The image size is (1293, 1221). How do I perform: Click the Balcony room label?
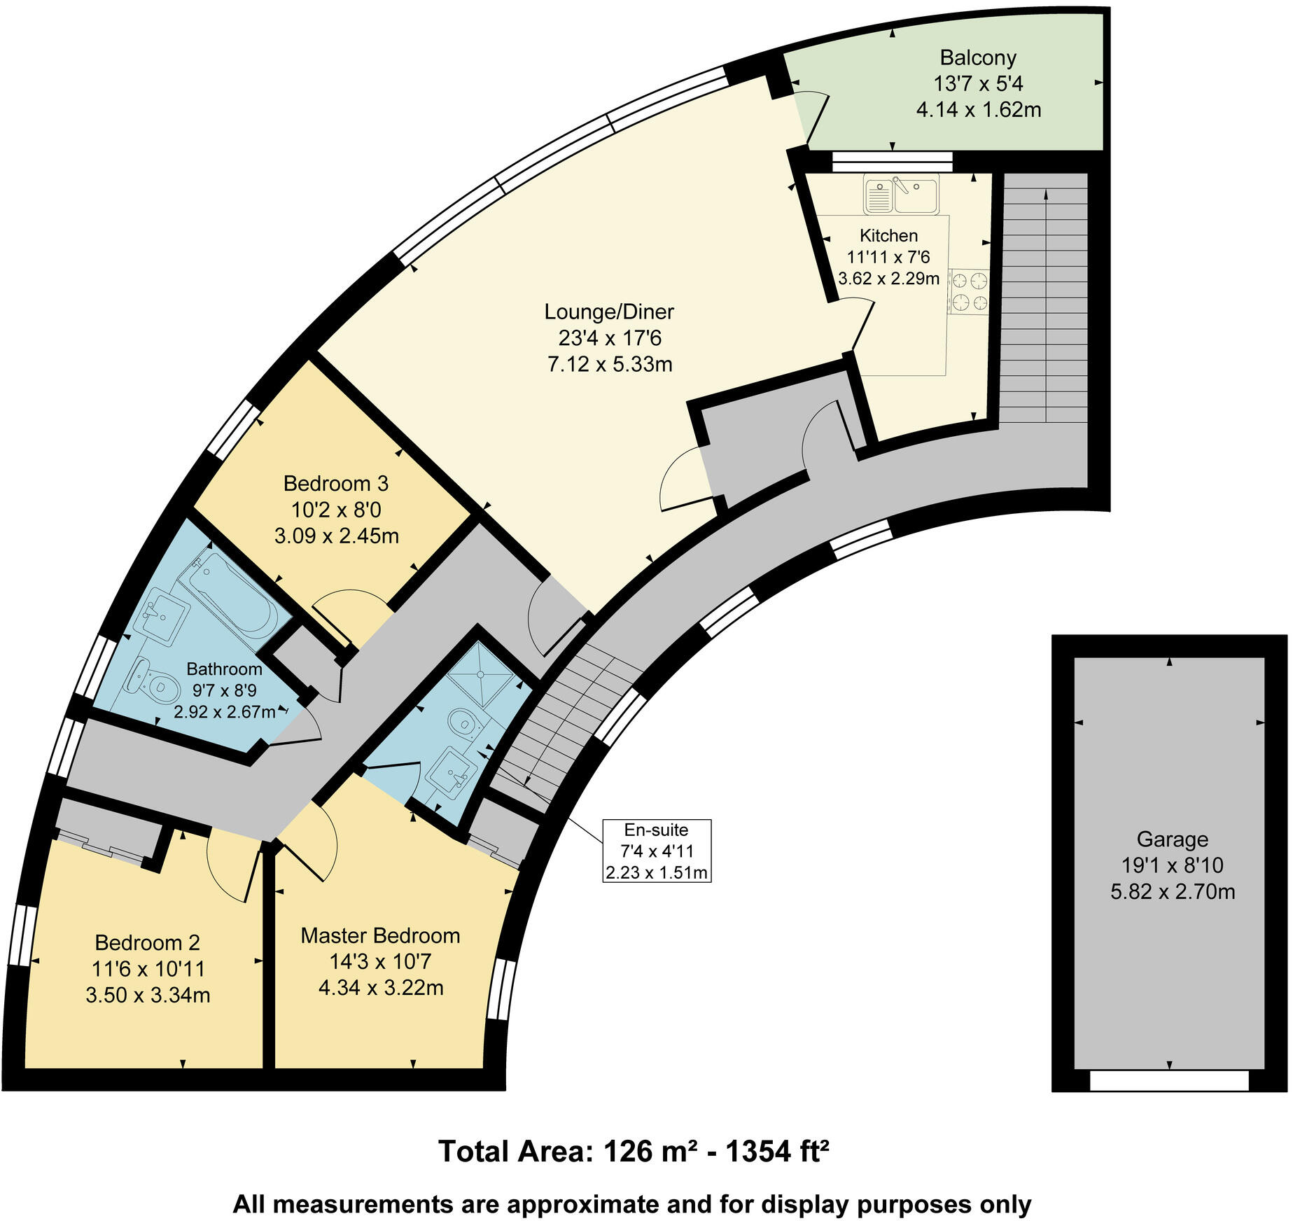(978, 57)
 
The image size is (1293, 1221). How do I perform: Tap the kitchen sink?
(901, 194)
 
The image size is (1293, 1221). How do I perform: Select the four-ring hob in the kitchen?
(970, 292)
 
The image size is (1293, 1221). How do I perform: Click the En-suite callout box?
(656, 850)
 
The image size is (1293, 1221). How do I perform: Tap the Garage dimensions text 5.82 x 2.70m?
(1172, 892)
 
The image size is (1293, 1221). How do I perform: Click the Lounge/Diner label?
(609, 312)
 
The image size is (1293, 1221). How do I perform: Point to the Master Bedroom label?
(380, 935)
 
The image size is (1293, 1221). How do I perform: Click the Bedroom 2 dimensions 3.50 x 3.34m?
(148, 995)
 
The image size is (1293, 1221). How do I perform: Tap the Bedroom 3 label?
(335, 483)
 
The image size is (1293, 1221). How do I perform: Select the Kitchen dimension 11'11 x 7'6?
(888, 258)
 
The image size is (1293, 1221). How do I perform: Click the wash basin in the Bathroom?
(162, 615)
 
